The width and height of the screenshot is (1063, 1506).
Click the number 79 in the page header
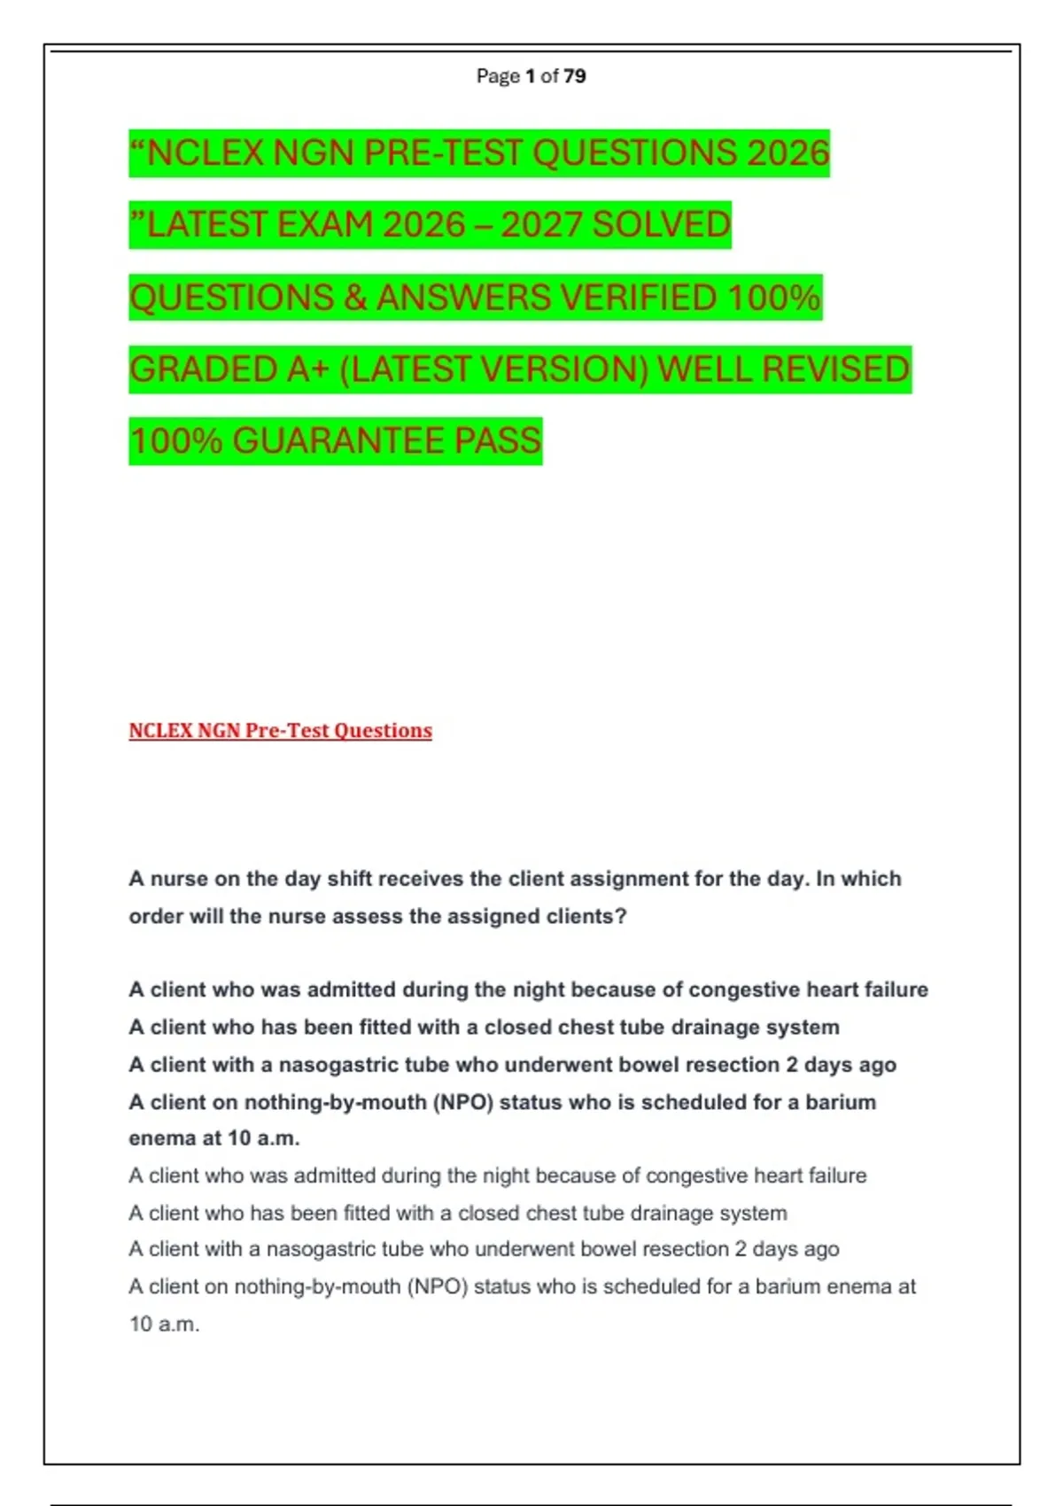click(574, 76)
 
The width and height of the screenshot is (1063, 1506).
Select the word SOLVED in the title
click(661, 225)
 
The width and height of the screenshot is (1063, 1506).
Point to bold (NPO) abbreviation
click(462, 1102)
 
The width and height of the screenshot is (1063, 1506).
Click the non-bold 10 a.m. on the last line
click(165, 1324)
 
